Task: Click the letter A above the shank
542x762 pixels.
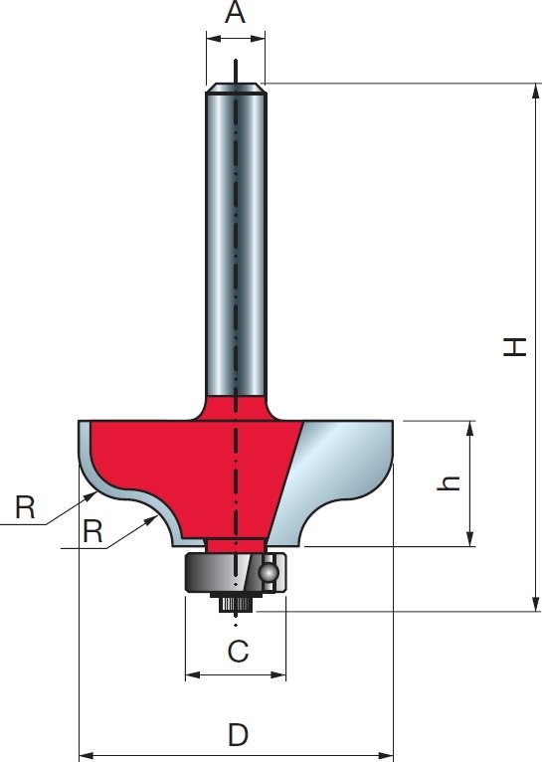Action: coord(235,12)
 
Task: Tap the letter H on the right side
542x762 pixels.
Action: coord(515,347)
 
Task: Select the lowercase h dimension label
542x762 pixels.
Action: coord(449,482)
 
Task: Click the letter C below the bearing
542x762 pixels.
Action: coord(238,652)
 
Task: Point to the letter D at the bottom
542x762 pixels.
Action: coord(238,735)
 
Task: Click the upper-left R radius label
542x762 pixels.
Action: coord(25,507)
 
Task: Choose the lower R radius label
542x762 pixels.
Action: coord(92,531)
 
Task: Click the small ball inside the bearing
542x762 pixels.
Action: coord(269,572)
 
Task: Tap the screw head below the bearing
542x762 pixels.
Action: coord(236,605)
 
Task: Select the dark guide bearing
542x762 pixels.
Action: coord(236,572)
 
